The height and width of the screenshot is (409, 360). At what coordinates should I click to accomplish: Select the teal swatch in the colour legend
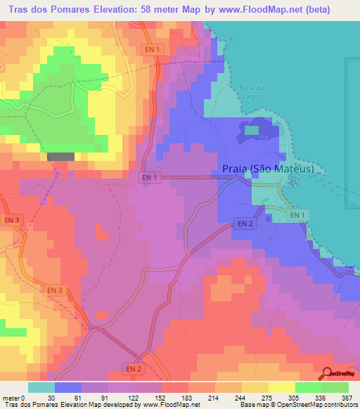pos(41,387)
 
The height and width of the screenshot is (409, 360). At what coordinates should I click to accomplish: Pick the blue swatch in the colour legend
pos(68,387)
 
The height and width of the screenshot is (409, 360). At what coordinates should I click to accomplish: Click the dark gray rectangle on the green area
pos(60,157)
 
